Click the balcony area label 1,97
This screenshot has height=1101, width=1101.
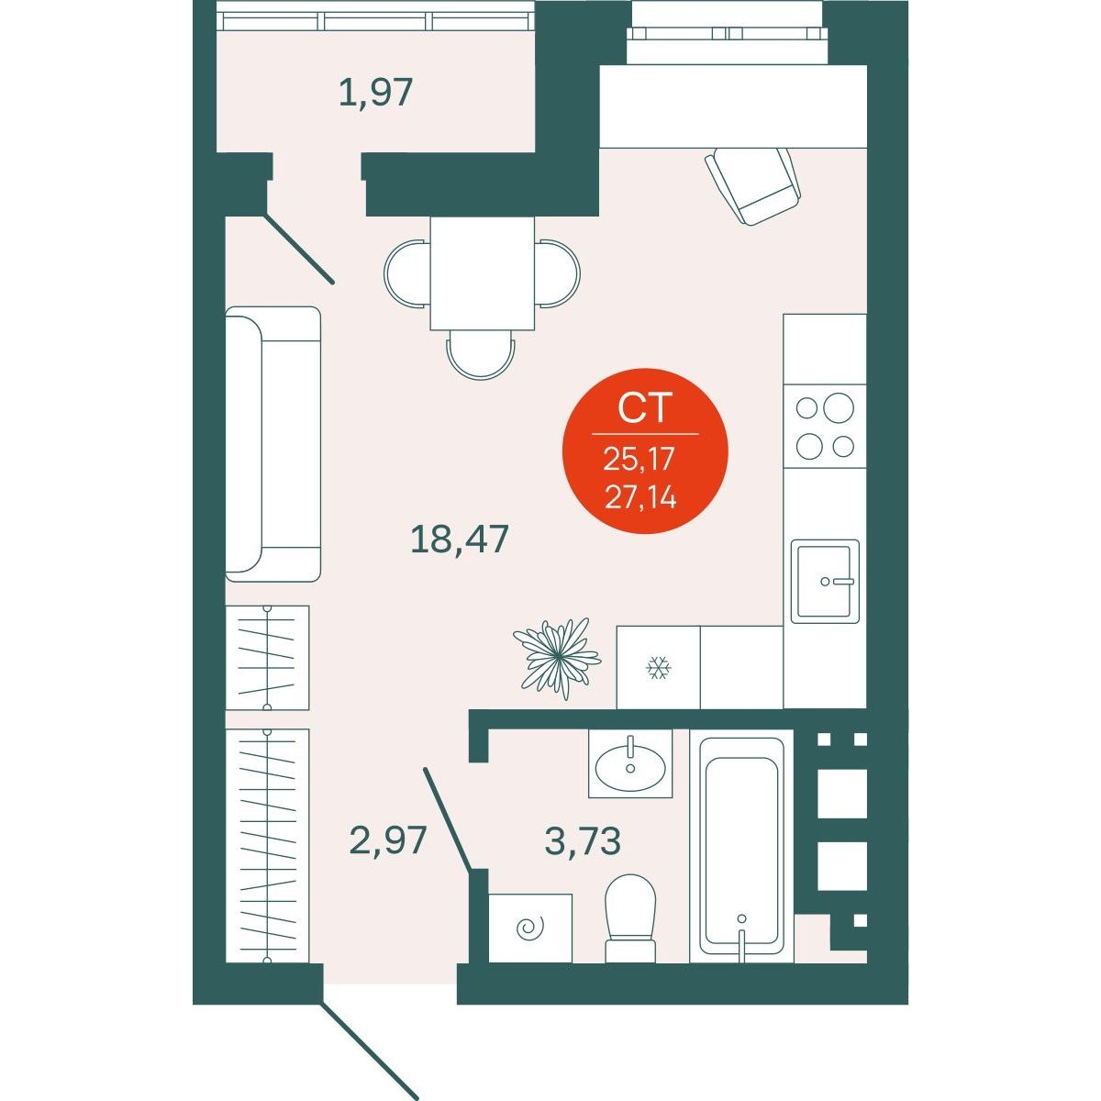(375, 94)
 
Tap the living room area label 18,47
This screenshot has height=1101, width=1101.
(460, 539)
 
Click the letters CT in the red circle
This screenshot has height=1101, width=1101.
(644, 408)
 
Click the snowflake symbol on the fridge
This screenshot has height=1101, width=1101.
(658, 667)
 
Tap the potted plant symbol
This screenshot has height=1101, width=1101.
(557, 658)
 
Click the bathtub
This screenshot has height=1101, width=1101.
(741, 846)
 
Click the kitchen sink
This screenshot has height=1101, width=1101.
(825, 581)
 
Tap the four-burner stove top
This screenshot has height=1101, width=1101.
(825, 426)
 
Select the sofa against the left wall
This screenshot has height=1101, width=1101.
(272, 444)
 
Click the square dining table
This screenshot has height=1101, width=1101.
(483, 273)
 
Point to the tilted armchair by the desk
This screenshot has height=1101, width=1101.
(752, 185)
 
